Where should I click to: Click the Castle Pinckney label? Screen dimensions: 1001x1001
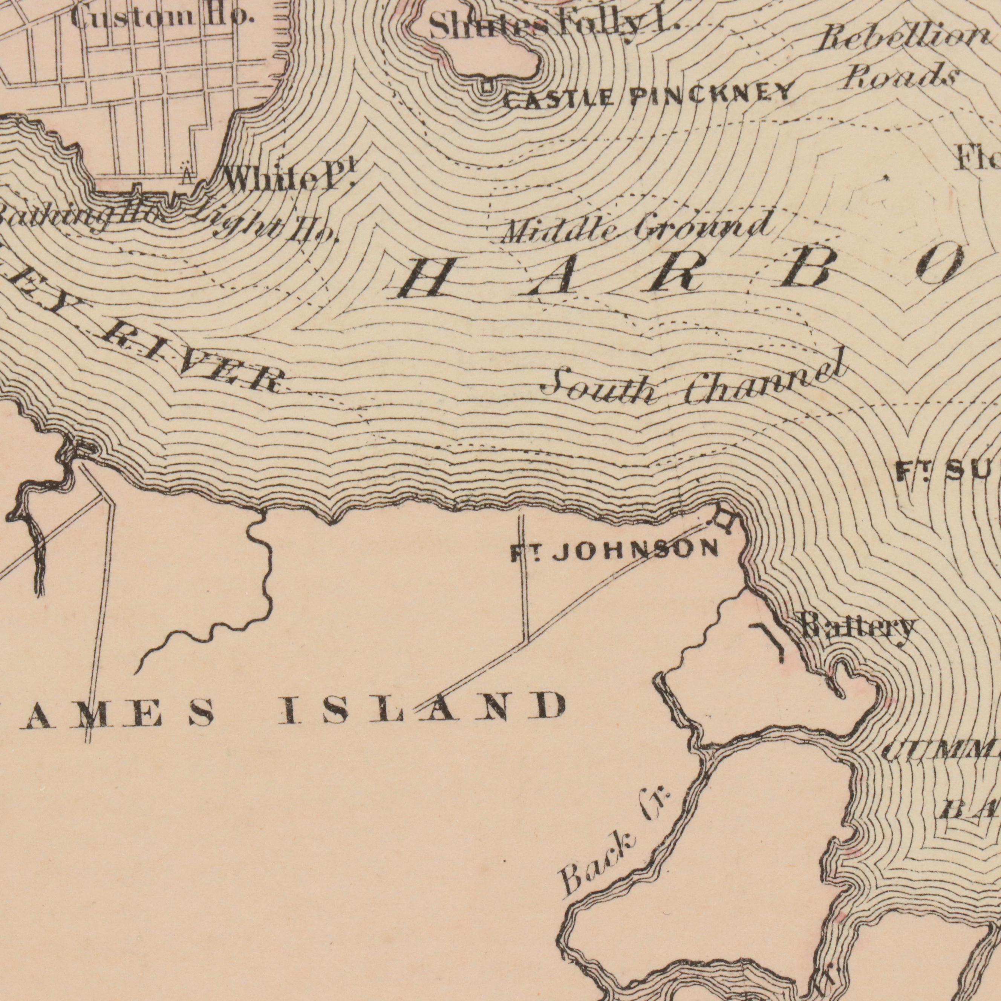(x=647, y=96)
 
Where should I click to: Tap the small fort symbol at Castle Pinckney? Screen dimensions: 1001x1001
(x=486, y=87)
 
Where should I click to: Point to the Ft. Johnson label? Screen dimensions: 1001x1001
(x=614, y=551)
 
